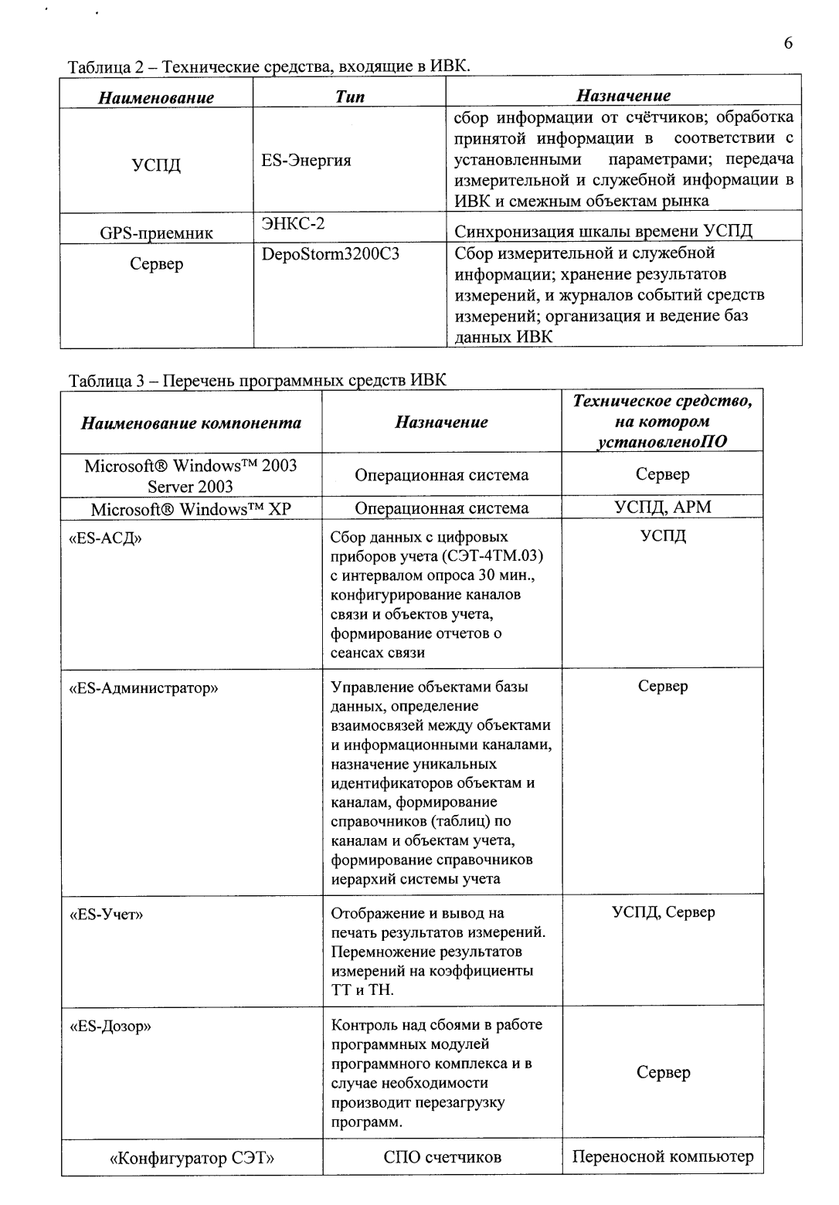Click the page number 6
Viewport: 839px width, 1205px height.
788,43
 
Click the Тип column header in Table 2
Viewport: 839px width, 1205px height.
350,97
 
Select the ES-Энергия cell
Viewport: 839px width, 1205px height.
306,161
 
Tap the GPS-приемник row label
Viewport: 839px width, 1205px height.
157,233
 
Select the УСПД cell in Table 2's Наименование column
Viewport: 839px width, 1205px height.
157,165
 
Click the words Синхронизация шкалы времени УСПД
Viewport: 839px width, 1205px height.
603,232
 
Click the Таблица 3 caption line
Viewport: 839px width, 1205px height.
257,380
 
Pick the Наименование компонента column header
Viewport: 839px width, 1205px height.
192,423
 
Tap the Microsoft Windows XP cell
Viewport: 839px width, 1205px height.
191,508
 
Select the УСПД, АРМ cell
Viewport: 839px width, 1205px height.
662,507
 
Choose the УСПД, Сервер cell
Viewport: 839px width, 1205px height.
663,912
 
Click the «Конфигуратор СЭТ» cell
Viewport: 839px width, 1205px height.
192,1158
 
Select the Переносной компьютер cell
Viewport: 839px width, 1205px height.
662,1156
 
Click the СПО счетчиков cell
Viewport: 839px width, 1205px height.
442,1157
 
